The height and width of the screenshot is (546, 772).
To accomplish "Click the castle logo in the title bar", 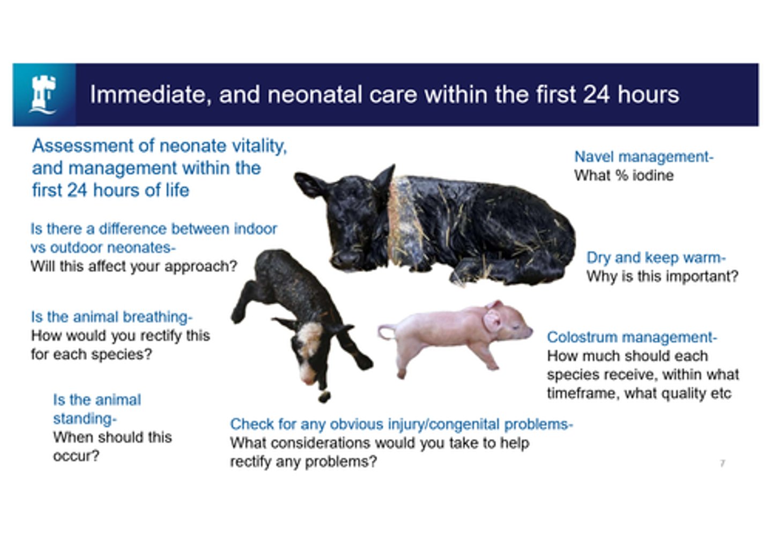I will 43,95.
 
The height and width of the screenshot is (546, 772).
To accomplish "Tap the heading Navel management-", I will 643,156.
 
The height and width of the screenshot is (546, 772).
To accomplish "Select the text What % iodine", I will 623,175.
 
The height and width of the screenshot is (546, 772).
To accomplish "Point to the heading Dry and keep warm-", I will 656,258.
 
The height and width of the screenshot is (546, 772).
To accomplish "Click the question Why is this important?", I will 662,276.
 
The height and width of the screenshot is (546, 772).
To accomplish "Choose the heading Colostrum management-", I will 632,337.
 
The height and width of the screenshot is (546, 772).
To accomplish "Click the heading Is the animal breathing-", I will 112,317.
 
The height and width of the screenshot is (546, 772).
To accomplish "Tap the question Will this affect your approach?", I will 133,266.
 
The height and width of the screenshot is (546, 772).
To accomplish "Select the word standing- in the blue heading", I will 84,418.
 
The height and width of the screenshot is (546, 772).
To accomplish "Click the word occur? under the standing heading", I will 76,456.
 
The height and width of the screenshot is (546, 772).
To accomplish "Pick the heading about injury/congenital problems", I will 401,424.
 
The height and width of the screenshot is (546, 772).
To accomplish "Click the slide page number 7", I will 722,463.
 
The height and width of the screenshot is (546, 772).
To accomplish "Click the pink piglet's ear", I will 492,320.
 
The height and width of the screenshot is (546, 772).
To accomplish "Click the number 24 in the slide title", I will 596,95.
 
